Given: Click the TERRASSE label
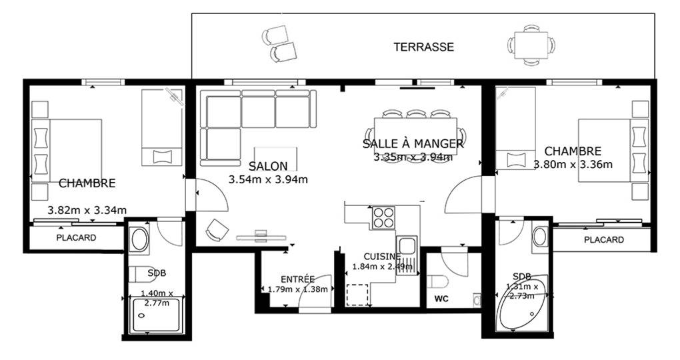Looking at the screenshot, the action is [x=424, y=47].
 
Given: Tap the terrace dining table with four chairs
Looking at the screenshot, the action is [x=531, y=45].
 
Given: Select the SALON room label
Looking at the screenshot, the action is [x=268, y=166].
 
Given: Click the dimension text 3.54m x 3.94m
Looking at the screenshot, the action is [x=268, y=179].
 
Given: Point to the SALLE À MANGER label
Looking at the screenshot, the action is [x=413, y=143].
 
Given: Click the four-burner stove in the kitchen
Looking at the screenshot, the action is [x=384, y=217].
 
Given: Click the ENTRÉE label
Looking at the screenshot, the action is [x=297, y=279].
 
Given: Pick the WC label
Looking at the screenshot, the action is [x=441, y=299].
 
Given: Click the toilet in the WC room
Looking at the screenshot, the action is [x=436, y=281].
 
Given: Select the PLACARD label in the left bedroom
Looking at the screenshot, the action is [x=76, y=238].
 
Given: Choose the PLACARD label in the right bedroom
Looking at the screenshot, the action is [x=604, y=240].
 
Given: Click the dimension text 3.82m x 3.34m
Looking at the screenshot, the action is [x=87, y=211].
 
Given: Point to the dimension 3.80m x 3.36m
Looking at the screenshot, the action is [x=573, y=165].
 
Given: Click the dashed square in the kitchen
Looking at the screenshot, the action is [x=357, y=295].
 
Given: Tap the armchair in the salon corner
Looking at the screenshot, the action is [x=217, y=229].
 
